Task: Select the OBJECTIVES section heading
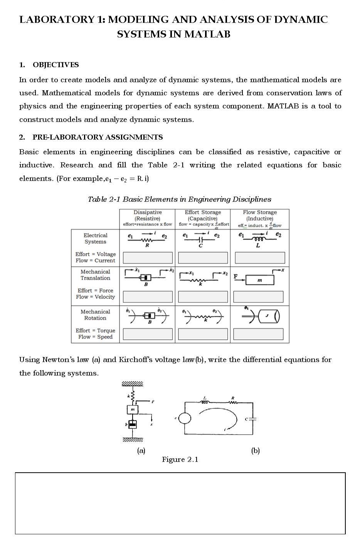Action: click(x=56, y=65)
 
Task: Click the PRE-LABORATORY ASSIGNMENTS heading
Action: click(x=97, y=137)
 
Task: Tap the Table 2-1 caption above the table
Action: click(x=179, y=199)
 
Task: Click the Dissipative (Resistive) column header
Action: click(x=147, y=215)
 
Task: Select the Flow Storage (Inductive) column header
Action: click(x=259, y=215)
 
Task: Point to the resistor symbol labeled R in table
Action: click(x=146, y=240)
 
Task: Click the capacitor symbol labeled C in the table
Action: click(x=201, y=239)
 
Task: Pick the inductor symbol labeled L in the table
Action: click(x=258, y=239)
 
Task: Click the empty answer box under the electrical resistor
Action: click(x=148, y=257)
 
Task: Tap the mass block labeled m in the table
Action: click(x=259, y=280)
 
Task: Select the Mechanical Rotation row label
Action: click(x=95, y=315)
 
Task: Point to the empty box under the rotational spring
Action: click(x=203, y=334)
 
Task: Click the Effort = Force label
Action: click(x=95, y=291)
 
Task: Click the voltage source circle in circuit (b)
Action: click(x=185, y=418)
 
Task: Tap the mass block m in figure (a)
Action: click(x=133, y=409)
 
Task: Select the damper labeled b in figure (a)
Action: click(x=132, y=424)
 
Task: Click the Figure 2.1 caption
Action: click(x=180, y=459)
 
